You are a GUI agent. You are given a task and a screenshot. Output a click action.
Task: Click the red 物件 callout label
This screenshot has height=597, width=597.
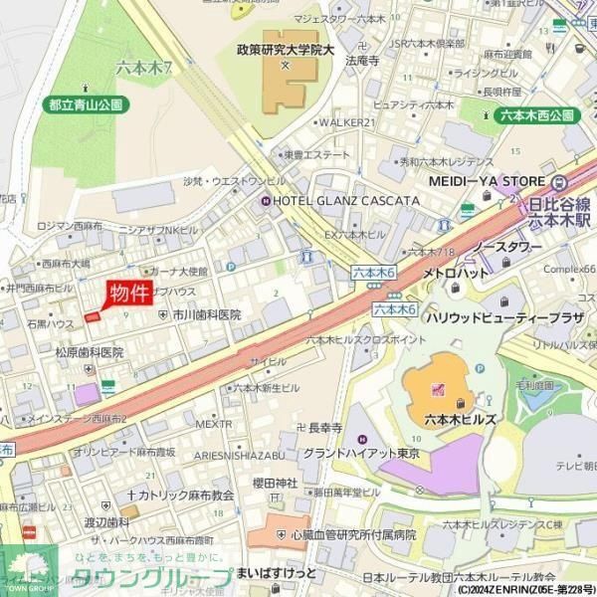129,293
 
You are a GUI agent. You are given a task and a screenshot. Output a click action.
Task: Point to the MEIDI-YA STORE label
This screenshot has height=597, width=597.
488,181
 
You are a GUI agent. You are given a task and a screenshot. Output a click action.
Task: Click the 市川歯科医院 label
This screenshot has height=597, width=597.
206,313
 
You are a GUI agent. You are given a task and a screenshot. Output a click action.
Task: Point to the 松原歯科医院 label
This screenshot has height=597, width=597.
89,352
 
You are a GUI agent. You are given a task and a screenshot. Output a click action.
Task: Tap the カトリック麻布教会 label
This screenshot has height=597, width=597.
179,494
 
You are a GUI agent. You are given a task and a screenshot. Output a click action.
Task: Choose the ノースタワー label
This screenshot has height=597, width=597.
506,246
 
